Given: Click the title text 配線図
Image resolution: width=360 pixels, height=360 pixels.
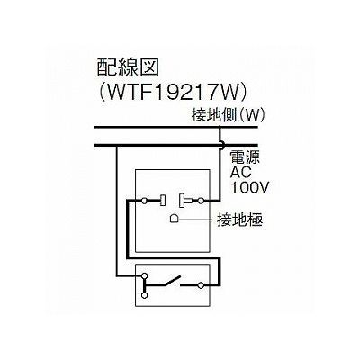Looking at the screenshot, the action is click(x=128, y=67).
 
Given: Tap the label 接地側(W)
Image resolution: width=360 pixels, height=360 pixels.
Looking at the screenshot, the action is click(x=229, y=115).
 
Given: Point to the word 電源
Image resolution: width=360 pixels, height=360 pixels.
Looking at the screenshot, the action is click(x=245, y=157).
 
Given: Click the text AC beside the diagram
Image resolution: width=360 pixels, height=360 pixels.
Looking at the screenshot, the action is click(x=240, y=173).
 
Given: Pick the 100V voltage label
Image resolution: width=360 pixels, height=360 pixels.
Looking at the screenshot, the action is click(x=249, y=187).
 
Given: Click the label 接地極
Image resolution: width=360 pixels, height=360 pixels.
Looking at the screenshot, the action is click(x=240, y=220).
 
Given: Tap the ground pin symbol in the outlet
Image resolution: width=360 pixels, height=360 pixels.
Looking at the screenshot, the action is click(x=175, y=219).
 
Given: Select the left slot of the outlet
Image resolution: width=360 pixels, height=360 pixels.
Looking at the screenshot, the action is click(x=163, y=201).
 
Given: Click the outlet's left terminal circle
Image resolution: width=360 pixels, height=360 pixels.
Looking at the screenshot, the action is click(x=145, y=201).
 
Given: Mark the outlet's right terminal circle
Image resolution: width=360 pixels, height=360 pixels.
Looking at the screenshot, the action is click(x=201, y=201).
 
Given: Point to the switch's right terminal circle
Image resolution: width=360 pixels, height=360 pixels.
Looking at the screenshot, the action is click(x=202, y=285).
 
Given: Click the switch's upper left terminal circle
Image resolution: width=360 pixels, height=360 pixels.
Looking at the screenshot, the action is click(x=145, y=274).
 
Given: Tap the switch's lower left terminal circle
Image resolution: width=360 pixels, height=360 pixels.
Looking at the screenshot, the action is click(x=145, y=295).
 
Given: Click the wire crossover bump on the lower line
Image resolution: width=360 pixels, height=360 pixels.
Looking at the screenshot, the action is click(x=222, y=146).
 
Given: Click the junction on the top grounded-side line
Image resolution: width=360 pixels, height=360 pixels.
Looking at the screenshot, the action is click(x=220, y=128).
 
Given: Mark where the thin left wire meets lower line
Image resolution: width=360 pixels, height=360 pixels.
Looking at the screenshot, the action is click(x=117, y=146).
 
